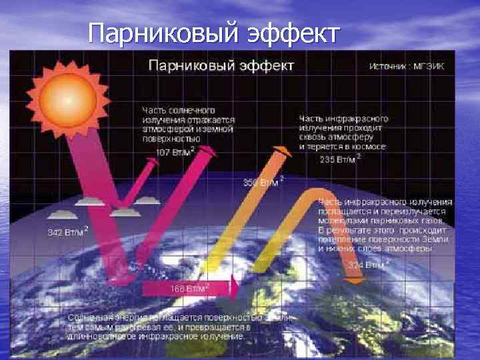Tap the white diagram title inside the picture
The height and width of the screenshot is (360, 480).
(220, 66)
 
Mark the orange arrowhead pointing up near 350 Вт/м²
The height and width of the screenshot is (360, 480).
(283, 151)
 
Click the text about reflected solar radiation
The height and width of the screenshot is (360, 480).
(187, 124)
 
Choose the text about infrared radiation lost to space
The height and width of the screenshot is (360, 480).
(343, 131)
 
